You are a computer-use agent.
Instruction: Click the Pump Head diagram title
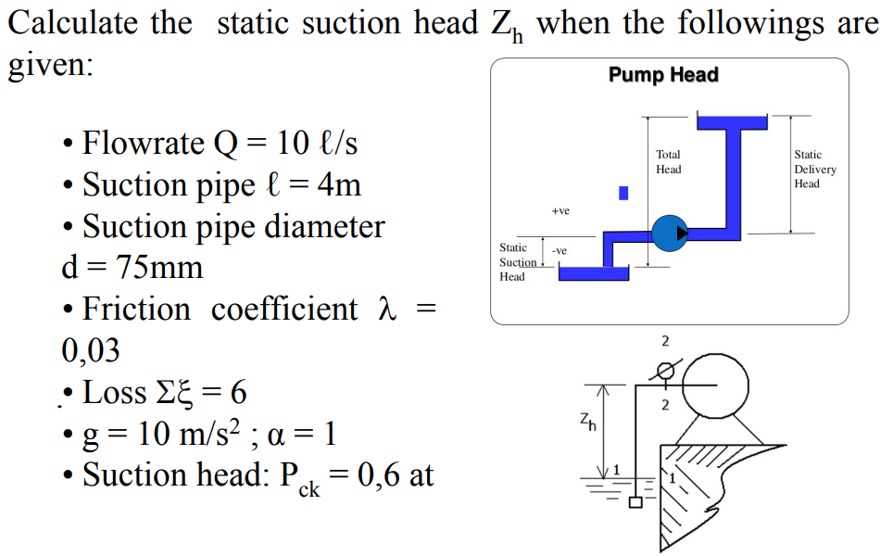tap(663, 75)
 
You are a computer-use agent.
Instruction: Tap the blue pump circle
tap(670, 233)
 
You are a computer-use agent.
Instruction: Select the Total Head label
tap(668, 162)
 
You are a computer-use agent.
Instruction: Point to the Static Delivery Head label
tap(814, 170)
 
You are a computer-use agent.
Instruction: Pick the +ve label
tap(560, 211)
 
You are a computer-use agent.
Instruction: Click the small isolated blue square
tap(624, 193)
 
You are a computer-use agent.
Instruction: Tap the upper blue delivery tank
tap(732, 122)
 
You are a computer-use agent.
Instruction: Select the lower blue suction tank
tap(594, 272)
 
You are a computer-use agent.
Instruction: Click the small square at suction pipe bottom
tap(635, 504)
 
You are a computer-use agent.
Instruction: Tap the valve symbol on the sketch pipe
tap(664, 371)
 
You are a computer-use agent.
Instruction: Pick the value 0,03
tap(90, 350)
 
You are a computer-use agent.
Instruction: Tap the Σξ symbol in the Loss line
tap(178, 393)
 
